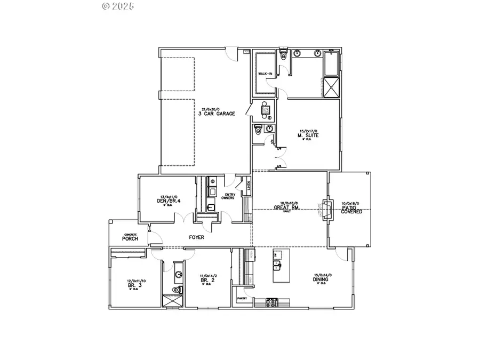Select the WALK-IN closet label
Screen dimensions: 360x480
tap(265, 74)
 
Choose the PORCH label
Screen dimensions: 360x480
tap(130, 238)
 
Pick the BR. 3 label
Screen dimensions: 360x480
tap(133, 285)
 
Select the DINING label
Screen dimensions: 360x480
tap(321, 279)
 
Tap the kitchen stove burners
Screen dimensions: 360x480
tap(271, 303)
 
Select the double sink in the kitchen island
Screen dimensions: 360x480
tap(278, 265)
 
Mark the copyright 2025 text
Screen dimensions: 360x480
tap(118, 6)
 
